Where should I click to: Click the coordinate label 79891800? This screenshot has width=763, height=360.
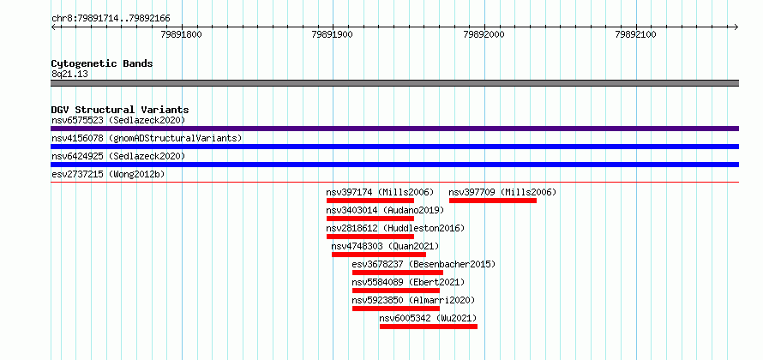click(x=181, y=34)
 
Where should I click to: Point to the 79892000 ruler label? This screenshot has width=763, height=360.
click(x=484, y=34)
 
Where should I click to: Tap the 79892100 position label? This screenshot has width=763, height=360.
click(x=636, y=34)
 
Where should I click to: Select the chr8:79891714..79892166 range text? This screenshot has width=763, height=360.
click(x=111, y=19)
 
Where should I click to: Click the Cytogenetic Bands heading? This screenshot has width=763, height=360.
click(x=102, y=63)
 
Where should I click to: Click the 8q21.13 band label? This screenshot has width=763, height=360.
click(x=69, y=75)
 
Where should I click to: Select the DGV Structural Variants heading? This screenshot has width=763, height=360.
click(x=120, y=110)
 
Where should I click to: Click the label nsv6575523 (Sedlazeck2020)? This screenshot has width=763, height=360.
click(x=118, y=120)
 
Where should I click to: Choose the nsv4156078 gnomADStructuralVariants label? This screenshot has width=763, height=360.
click(x=147, y=138)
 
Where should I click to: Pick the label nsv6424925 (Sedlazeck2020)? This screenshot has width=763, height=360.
click(x=118, y=156)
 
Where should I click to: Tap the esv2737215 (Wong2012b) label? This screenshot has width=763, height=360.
click(x=108, y=174)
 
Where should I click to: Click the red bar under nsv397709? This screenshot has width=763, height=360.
click(x=492, y=201)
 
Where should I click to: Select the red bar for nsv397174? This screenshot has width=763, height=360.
click(x=370, y=201)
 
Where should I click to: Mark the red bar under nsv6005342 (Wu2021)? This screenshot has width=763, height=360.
click(x=429, y=327)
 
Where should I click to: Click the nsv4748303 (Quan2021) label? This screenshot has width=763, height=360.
click(x=385, y=246)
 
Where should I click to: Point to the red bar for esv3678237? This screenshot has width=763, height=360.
click(x=398, y=273)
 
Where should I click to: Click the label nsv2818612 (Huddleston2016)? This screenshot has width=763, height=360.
click(x=395, y=228)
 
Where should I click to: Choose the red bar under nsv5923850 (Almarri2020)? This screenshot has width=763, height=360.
click(x=396, y=309)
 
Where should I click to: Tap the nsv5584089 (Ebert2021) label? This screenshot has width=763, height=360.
click(x=408, y=282)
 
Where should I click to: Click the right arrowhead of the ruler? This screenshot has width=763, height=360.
click(x=736, y=27)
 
